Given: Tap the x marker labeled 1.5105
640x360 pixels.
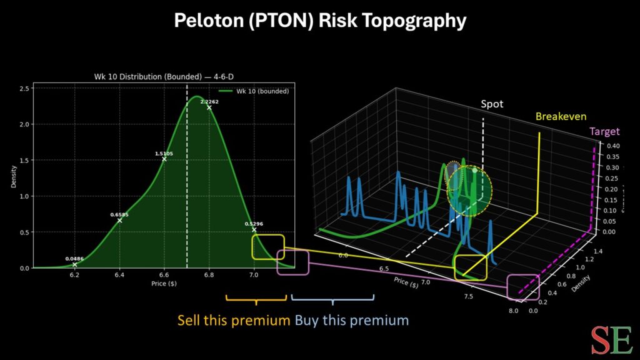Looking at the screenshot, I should pyautogui.click(x=164, y=159).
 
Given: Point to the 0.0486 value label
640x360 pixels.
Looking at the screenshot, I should pyautogui.click(x=74, y=258).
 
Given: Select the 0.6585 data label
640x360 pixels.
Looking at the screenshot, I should pyautogui.click(x=120, y=214).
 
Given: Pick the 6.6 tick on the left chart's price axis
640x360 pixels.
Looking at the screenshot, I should pyautogui.click(x=164, y=274).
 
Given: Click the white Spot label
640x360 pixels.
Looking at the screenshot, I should pyautogui.click(x=491, y=104).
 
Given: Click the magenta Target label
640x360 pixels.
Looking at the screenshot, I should pyautogui.click(x=604, y=131).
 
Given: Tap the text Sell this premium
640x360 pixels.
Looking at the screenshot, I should pyautogui.click(x=233, y=321).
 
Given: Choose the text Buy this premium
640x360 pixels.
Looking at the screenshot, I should pyautogui.click(x=352, y=321).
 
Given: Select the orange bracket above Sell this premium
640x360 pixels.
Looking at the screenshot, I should pyautogui.click(x=256, y=298).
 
